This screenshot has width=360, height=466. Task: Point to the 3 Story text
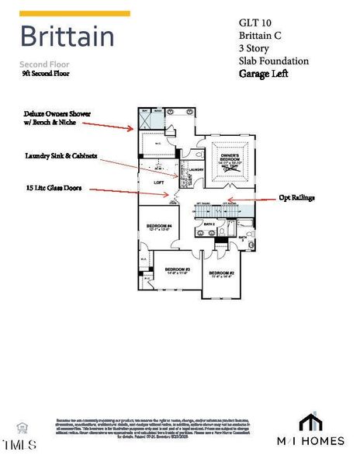(x=257, y=47)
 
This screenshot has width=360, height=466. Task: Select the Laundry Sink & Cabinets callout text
(x=61, y=155)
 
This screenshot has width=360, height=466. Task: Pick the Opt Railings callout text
(x=297, y=198)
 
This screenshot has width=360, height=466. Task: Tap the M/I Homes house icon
(x=310, y=422)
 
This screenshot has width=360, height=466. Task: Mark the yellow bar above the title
(x=74, y=13)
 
